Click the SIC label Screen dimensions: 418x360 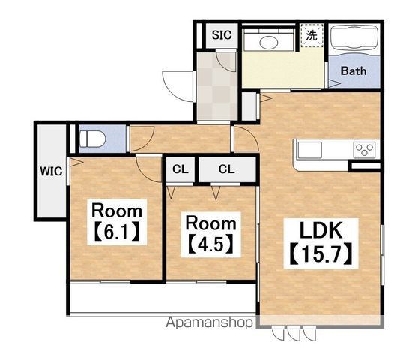(x=222, y=35)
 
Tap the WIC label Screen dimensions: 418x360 (x=51, y=171)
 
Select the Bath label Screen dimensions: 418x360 (x=354, y=70)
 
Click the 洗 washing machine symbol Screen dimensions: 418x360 (x=312, y=35)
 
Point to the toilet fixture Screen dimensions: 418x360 (x=92, y=139)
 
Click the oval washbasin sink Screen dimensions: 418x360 (x=269, y=43)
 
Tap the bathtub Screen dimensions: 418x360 (x=354, y=37)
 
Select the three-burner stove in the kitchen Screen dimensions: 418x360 (x=364, y=150)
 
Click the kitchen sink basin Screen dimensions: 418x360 (x=310, y=150)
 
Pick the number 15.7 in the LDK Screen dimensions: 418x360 (x=321, y=254)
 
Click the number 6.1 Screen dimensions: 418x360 (x=117, y=232)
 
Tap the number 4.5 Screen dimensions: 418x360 (x=210, y=244)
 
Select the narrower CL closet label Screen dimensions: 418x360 (x=181, y=169)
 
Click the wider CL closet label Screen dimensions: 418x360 (x=226, y=169)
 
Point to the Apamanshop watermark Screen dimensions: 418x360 (x=209, y=322)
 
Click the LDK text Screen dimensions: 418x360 (x=321, y=230)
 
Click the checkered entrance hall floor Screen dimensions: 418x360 (x=217, y=86)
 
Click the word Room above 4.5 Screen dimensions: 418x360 (x=210, y=223)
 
